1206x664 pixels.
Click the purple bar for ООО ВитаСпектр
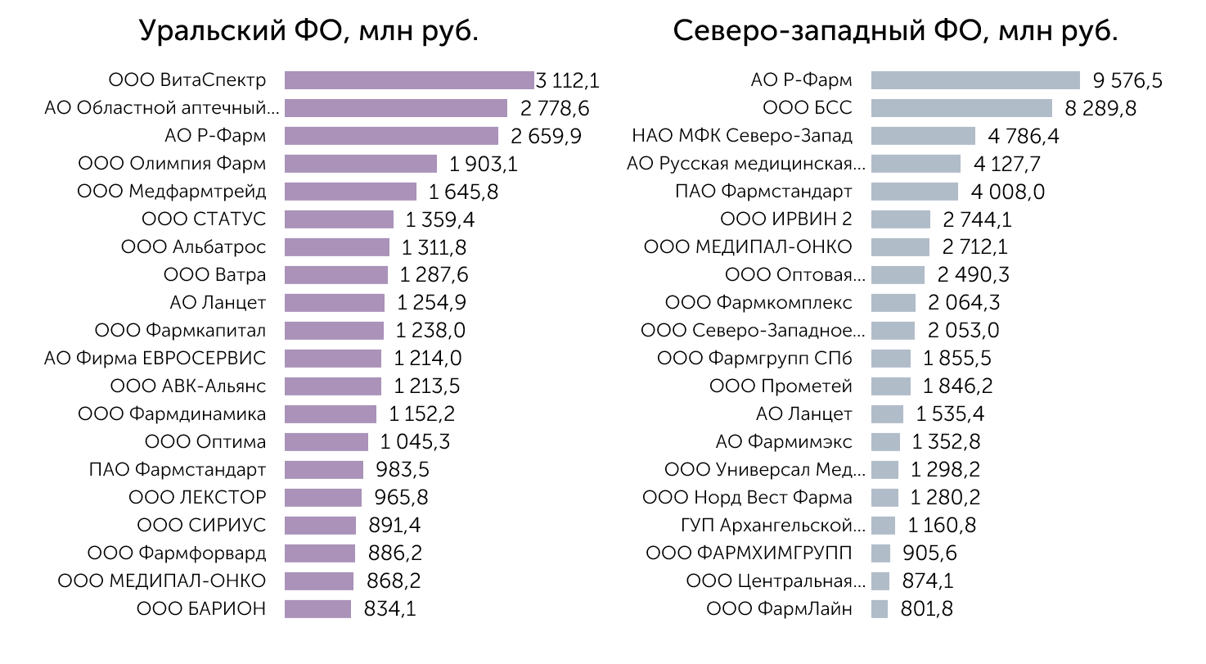[x=408, y=80]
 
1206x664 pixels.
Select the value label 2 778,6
[x=555, y=108]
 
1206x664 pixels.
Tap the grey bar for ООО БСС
[x=961, y=108]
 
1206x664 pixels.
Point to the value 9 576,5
[x=1127, y=80]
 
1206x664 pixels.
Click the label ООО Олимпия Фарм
[x=172, y=164]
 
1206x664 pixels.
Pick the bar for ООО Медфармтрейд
[x=350, y=192]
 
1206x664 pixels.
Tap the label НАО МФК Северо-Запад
[x=742, y=136]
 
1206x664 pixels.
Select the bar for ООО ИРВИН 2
[x=901, y=219]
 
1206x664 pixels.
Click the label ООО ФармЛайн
[x=779, y=609]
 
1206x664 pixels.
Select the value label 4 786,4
[x=1024, y=136]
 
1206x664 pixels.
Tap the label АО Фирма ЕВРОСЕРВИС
[x=155, y=359]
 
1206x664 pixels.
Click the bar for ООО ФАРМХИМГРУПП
[x=881, y=553]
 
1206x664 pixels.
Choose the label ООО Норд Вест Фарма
[x=747, y=498]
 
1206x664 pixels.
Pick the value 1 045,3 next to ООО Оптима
[x=415, y=442]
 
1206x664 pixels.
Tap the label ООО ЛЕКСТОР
[x=197, y=498]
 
